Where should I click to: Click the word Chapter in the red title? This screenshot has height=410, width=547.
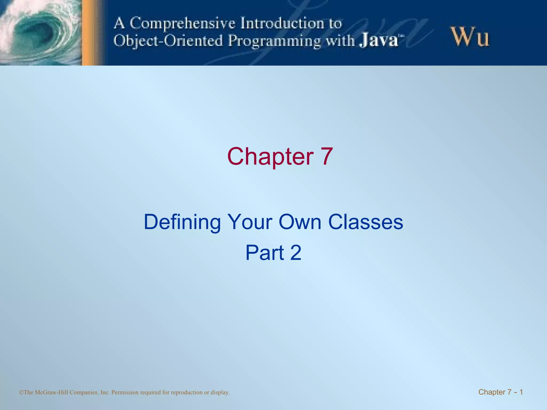click(270, 157)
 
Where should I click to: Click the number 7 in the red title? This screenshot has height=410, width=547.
click(325, 157)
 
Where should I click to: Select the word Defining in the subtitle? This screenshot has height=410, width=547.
click(182, 222)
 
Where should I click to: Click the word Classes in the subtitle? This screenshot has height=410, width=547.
click(366, 222)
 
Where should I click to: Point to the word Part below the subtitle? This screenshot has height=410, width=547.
click(264, 253)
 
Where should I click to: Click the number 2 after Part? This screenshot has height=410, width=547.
click(296, 253)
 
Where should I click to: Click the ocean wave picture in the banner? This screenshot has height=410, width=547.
click(40, 32)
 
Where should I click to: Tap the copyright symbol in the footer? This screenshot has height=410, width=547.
click(21, 392)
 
